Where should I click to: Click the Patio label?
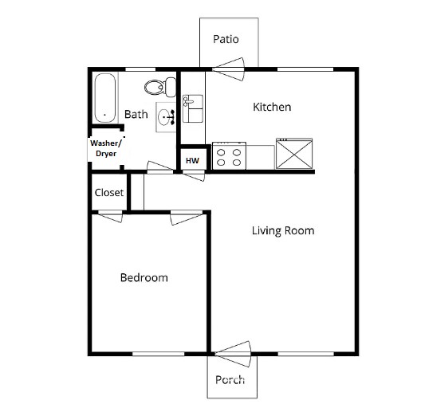click(226, 39)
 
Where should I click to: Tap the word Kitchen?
click(272, 107)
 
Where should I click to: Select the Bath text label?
click(136, 115)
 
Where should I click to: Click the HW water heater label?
click(192, 160)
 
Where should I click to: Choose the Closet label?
click(108, 193)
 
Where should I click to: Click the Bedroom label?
click(144, 277)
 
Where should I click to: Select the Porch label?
click(231, 379)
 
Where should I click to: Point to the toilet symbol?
click(155, 87)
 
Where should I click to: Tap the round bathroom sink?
click(166, 119)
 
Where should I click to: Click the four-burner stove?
click(230, 155)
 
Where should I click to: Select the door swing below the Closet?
click(110, 215)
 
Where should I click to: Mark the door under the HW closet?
click(193, 175)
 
